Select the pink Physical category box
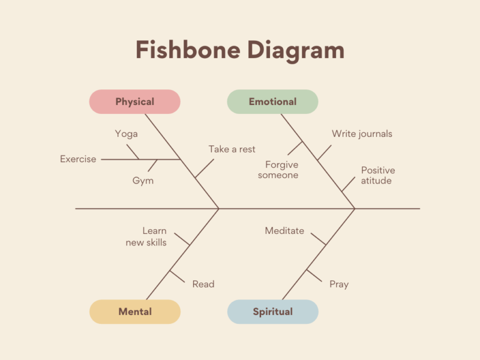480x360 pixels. coord(134,101)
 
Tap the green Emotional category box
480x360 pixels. coord(272,101)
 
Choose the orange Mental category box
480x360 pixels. coord(134,311)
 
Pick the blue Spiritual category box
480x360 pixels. coord(272,311)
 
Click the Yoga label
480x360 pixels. coord(126,134)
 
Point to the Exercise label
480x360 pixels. coord(78,159)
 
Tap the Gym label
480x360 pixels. coord(143,181)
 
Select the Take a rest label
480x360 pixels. coord(232,149)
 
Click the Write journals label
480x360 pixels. coord(362,134)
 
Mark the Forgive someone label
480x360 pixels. coord(278,170)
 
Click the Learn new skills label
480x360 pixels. coord(146,236)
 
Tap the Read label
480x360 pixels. coord(203,284)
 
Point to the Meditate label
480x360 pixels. coord(284,230)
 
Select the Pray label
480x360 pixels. coord(339,284)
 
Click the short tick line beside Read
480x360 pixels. coord(178,277)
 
